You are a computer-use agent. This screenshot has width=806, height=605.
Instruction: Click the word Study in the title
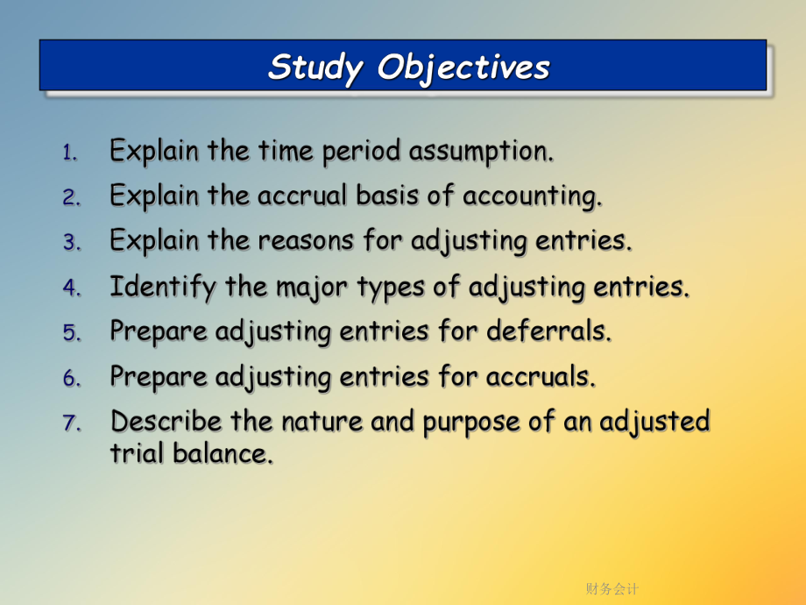(315, 68)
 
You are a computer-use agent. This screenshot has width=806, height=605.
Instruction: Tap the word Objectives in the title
(463, 68)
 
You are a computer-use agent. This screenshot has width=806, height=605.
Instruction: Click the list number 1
(70, 153)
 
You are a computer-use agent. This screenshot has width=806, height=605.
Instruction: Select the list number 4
(72, 288)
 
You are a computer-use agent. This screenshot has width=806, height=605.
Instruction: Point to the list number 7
(72, 423)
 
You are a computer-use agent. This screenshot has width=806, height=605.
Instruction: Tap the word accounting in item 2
(532, 196)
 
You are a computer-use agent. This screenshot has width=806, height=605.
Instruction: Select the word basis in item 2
(387, 196)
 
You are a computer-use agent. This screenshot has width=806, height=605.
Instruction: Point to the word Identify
(163, 287)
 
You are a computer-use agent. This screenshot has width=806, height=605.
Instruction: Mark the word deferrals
(549, 331)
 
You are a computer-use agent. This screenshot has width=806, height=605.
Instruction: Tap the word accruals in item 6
(541, 377)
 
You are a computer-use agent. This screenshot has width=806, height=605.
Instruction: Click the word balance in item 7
(222, 454)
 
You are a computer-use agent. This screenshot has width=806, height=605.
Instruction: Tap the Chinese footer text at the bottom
(612, 588)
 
